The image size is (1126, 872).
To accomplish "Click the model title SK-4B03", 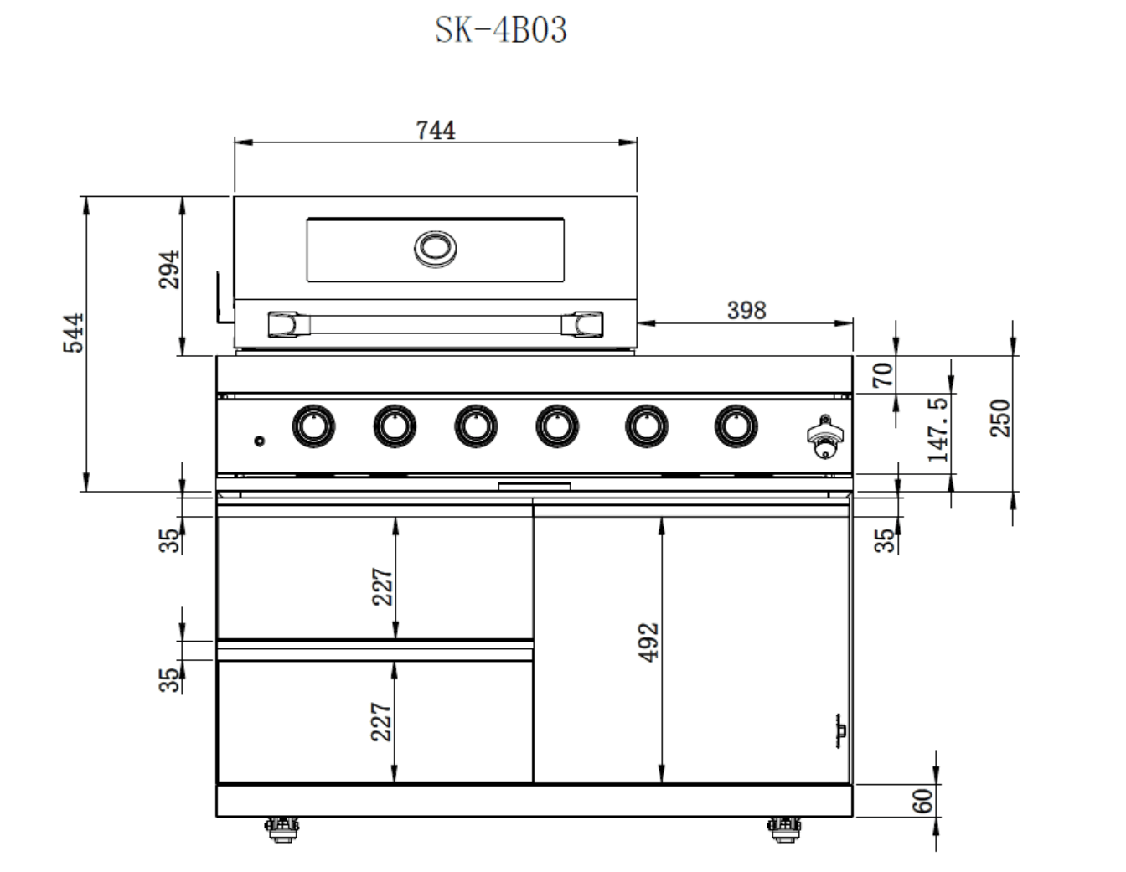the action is coord(500,29).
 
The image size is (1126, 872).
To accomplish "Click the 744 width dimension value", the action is coord(436,131).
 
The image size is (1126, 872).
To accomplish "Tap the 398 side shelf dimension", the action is coord(746,311).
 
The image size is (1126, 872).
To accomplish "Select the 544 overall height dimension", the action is coord(73,333).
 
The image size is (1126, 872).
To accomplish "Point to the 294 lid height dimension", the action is coord(169,270).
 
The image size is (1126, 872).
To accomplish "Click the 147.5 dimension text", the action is coord(937,430).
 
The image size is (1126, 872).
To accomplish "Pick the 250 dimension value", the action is coord(1000,419).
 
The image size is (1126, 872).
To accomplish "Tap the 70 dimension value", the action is coord(883,375).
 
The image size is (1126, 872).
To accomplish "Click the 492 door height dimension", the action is coord(648,642).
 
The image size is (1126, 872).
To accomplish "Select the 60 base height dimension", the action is coord(922,801).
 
